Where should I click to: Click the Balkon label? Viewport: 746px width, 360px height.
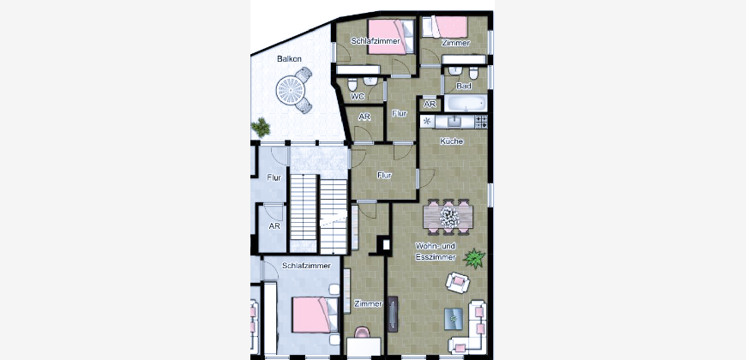[289, 59]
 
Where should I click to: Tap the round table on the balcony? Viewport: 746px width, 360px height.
[290, 90]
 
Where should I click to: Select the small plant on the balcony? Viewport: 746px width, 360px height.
[261, 128]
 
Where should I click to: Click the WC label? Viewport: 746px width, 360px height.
[358, 97]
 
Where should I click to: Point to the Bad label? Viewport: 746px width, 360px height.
[464, 86]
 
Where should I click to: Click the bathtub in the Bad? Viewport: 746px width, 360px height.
[466, 103]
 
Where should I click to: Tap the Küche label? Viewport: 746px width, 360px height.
[452, 141]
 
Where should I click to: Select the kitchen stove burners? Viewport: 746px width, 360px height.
[481, 122]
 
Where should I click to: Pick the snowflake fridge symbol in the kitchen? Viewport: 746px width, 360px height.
[427, 121]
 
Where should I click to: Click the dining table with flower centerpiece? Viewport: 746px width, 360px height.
[448, 216]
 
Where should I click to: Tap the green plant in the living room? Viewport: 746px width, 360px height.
[474, 258]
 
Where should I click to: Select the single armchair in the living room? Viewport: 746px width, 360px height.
[458, 283]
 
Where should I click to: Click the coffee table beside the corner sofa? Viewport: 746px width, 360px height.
[454, 319]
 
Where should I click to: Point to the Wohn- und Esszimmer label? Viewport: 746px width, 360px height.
[436, 252]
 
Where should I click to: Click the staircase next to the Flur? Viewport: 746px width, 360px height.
[318, 214]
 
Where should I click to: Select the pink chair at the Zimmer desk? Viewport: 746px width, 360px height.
[362, 333]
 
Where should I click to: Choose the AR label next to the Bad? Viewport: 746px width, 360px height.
[430, 105]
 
